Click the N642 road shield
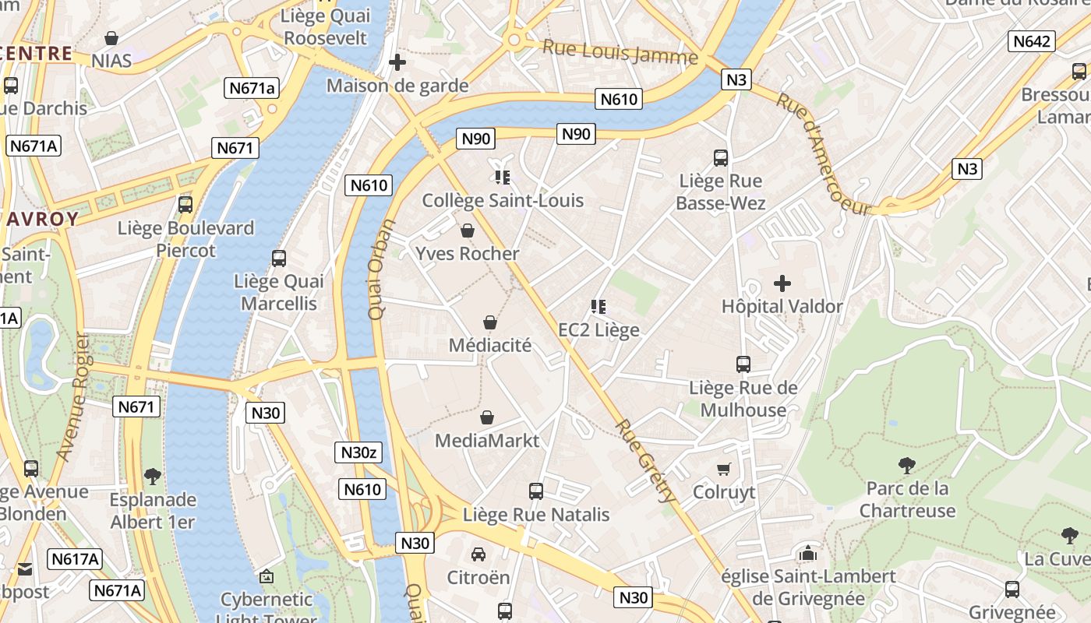(1032, 41)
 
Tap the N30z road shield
(358, 452)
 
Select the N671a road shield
(252, 88)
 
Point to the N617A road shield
(76, 559)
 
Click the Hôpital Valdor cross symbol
(782, 283)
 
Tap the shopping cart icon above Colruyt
(724, 469)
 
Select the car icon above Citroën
(478, 554)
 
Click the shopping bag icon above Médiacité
(490, 322)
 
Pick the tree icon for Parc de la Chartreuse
(906, 466)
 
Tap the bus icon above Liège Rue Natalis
(536, 491)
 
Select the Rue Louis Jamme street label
(620, 52)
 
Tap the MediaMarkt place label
(487, 441)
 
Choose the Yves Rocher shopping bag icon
(468, 231)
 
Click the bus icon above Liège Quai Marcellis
(279, 259)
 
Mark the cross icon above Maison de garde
(397, 62)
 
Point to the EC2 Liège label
(598, 330)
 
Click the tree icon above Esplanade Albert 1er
(153, 476)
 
